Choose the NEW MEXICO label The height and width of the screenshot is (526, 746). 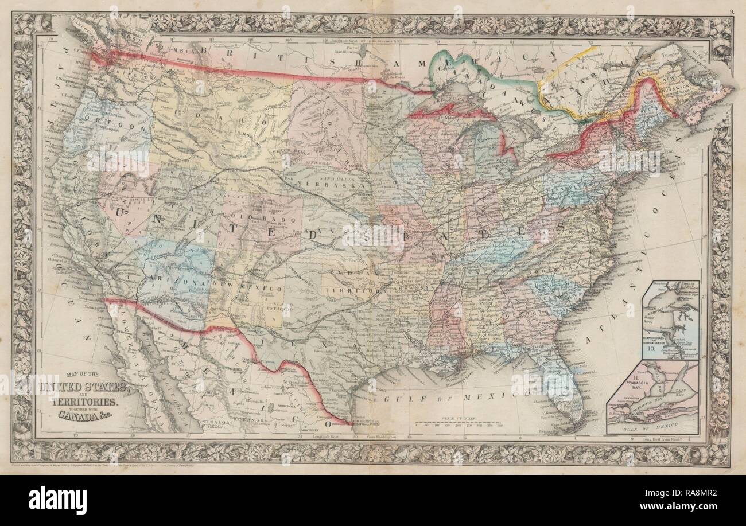tap(238, 285)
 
